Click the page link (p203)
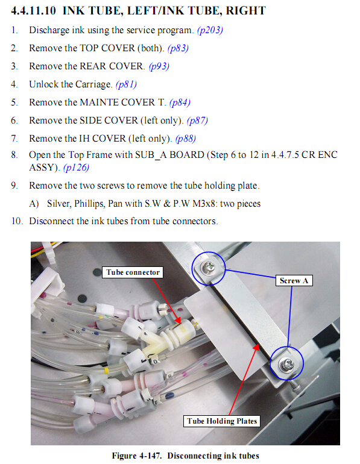(x=210, y=30)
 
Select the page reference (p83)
(x=178, y=48)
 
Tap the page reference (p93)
(x=159, y=66)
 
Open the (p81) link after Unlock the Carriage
(x=126, y=84)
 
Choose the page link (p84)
(x=180, y=102)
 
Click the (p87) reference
(x=197, y=121)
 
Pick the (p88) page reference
(x=186, y=139)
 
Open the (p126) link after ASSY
(x=76, y=168)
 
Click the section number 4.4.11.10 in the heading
(x=33, y=11)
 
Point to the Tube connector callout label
(x=133, y=272)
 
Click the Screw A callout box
(x=294, y=281)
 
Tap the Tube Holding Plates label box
(x=222, y=421)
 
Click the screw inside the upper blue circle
(x=209, y=267)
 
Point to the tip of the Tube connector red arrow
(x=180, y=324)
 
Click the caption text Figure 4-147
(x=137, y=456)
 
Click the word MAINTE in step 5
(x=99, y=102)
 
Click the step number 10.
(x=17, y=221)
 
